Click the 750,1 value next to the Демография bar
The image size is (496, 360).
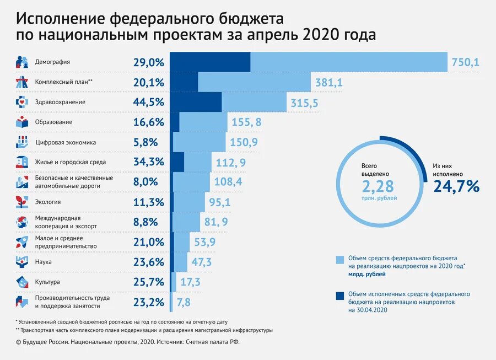coord(465,62)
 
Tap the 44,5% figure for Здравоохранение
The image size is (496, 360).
coord(149,102)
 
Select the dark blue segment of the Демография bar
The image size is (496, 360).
coord(209,62)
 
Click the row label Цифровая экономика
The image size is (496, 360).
coord(66,142)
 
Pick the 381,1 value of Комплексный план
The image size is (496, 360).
coord(329,82)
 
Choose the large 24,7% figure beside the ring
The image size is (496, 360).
coord(456,187)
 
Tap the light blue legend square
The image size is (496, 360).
coord(339,259)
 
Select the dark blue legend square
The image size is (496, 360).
coord(339,295)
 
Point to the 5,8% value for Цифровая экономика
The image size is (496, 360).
coord(145,142)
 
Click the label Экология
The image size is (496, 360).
coord(48,202)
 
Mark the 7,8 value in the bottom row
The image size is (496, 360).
coord(184,302)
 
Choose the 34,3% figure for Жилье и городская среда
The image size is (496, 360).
coord(149,162)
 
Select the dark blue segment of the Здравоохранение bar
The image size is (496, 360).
coord(195,102)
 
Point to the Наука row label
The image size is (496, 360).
coord(44,262)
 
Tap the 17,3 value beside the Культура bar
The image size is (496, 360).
coord(190,282)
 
